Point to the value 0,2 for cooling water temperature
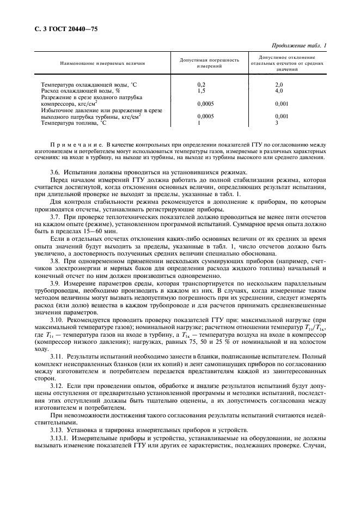(201, 85)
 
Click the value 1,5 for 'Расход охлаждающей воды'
(201, 90)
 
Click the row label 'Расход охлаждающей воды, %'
(76, 90)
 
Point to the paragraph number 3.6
(55, 172)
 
